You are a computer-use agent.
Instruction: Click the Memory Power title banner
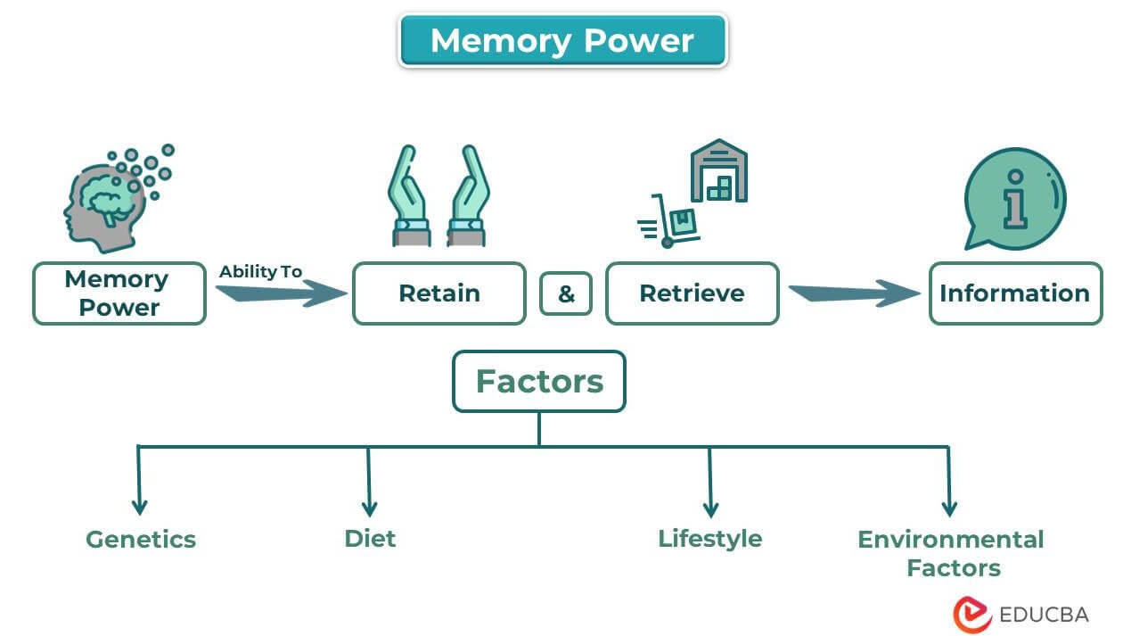562,41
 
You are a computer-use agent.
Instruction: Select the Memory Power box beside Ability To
119,293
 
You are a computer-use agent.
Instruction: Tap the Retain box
439,293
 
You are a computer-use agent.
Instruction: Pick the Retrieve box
692,293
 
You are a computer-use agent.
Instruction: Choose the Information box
1014,293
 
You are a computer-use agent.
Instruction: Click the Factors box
538,382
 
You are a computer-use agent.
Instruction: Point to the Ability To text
260,271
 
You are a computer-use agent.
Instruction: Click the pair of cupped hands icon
438,197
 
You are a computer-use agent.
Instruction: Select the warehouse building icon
718,170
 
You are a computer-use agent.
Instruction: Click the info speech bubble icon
1013,198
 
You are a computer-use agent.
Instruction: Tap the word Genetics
141,540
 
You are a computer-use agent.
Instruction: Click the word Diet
370,539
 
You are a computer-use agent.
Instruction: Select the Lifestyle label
709,539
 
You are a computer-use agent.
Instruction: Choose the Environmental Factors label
951,553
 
